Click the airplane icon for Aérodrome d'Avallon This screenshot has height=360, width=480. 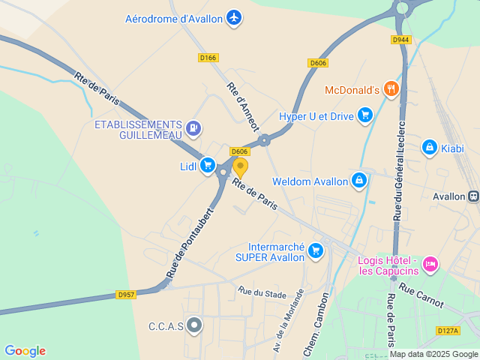coord(234,16)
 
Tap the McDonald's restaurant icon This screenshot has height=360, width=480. coord(390,90)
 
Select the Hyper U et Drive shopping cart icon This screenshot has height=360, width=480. coord(365,114)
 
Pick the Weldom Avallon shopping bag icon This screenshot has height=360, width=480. coord(359,181)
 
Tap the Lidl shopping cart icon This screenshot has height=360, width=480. coord(208,166)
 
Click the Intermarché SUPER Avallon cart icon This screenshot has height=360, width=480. coord(316,250)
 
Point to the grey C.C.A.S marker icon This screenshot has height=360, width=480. coord(195,325)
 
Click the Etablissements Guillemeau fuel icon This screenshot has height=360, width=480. coord(194,128)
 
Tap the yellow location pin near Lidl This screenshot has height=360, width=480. coord(240,166)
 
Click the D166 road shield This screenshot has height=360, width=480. coord(208,57)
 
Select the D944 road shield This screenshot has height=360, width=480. coord(400,39)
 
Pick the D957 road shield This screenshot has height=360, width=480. coord(126,295)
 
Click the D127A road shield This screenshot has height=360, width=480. coord(447,330)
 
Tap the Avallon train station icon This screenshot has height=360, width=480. coord(473,196)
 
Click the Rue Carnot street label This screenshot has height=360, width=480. coord(421,295)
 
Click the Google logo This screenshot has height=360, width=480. coord(25,351)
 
